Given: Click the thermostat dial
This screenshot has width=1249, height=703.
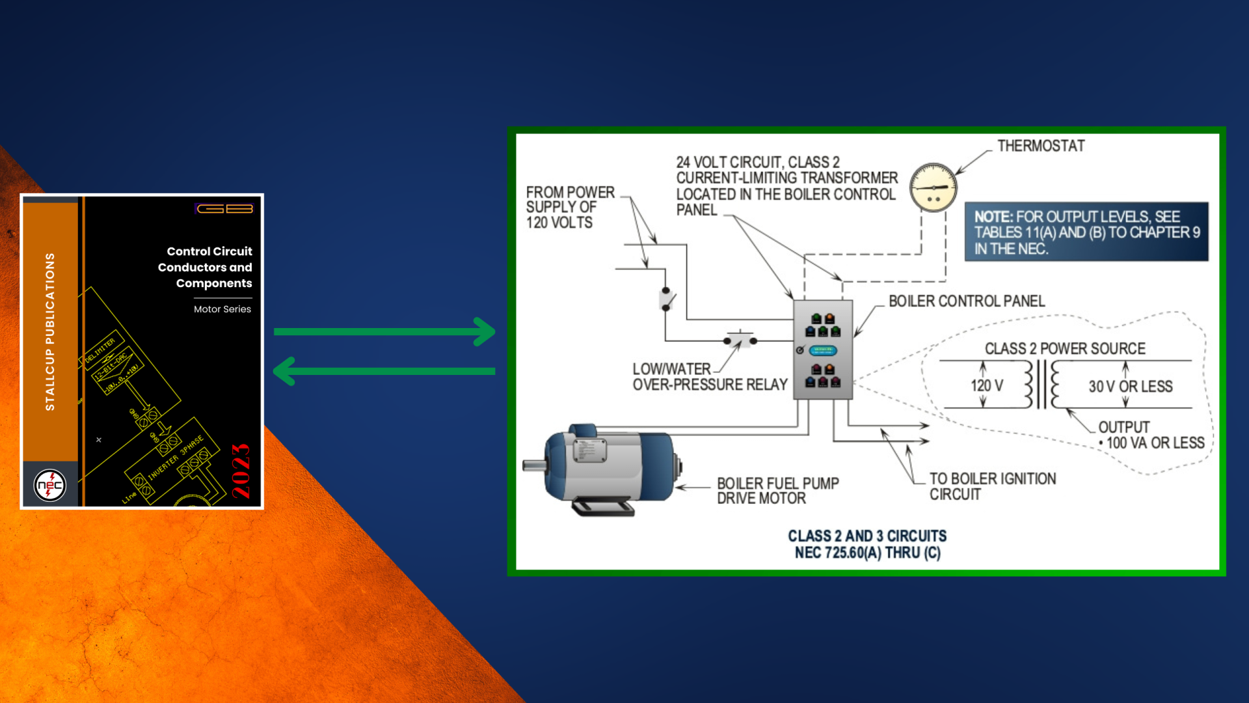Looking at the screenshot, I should [933, 187].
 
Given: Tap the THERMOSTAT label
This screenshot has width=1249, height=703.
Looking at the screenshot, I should [1041, 146].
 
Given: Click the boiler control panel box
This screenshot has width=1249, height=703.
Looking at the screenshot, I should [822, 349].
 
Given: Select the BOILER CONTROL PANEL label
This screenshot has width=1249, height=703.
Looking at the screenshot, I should [967, 301].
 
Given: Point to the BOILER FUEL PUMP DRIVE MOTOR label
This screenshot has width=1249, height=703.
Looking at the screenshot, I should [777, 491].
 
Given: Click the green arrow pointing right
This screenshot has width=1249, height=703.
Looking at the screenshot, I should [384, 331].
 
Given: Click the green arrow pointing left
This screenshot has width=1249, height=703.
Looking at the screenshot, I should [384, 371].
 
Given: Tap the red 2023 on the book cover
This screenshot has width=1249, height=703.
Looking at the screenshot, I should [241, 471].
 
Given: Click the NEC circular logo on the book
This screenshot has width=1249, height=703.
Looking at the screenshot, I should [50, 485].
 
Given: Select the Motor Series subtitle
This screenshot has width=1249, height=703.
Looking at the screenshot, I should [222, 309].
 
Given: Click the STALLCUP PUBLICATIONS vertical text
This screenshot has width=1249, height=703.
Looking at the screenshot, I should [50, 331].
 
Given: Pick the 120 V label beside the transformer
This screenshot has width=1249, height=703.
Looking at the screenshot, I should [987, 385].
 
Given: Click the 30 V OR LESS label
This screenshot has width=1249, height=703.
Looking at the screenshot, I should [1131, 387].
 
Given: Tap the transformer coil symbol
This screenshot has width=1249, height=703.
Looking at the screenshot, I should [1041, 384].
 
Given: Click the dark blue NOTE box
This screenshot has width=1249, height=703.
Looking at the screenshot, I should [1086, 232].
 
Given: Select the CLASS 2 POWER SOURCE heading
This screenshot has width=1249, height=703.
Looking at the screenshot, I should [1065, 349].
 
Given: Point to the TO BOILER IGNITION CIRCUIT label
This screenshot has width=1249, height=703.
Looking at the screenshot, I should [992, 486].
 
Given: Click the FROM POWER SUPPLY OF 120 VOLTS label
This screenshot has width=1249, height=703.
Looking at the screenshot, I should [570, 207].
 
